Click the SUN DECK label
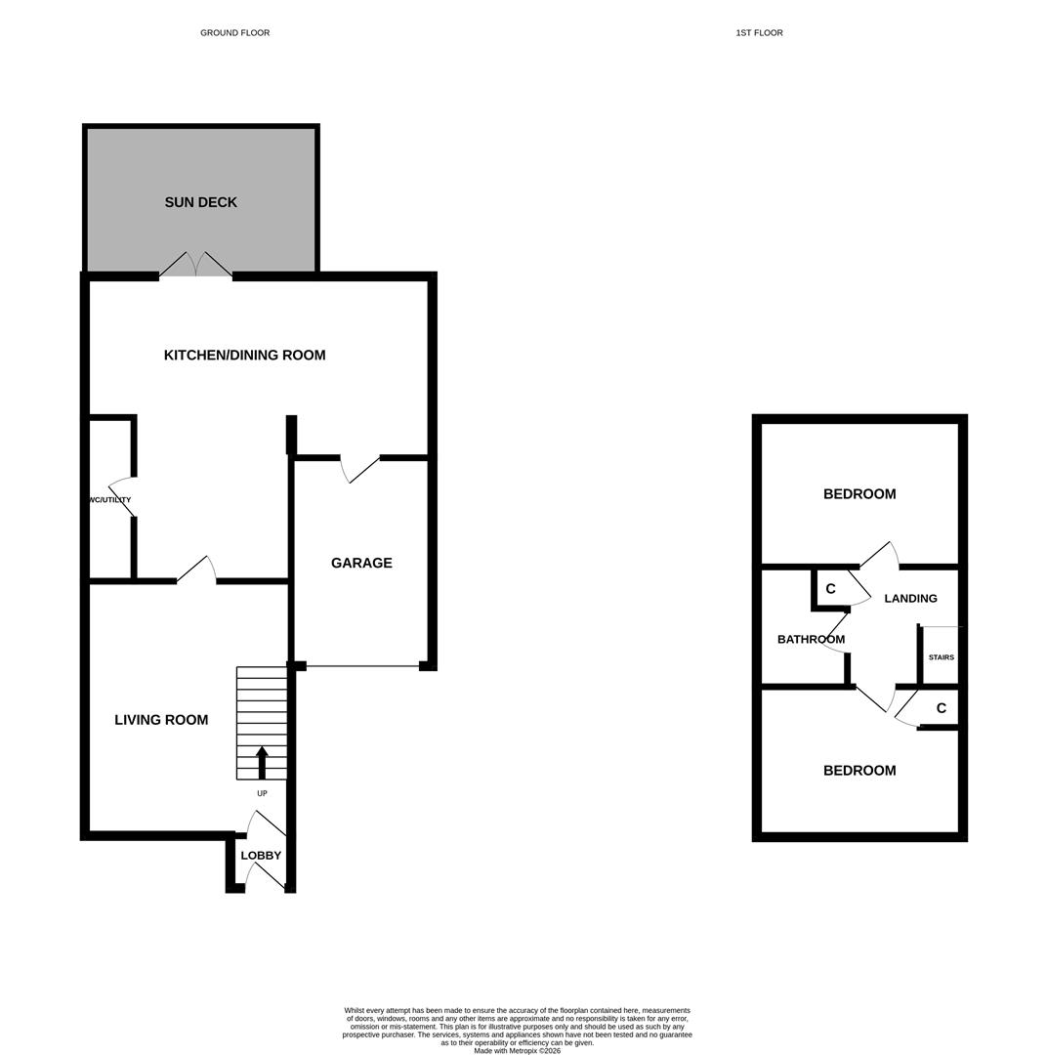coord(200,202)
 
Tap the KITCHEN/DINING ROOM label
coord(244,355)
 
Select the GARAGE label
coord(361,563)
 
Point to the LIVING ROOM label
coord(161,720)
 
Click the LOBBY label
coord(261,856)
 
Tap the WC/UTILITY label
coord(109,500)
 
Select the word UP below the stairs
coord(262,793)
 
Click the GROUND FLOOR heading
coord(234,33)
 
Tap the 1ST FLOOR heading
coord(759,33)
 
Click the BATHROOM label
coord(811,639)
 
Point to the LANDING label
coord(910,598)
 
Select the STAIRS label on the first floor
coord(941,657)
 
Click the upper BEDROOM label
coord(859,494)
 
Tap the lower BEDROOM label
coord(859,771)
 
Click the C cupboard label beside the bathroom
coord(830,589)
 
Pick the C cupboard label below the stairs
coord(941,708)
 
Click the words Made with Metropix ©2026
coord(517,1051)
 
